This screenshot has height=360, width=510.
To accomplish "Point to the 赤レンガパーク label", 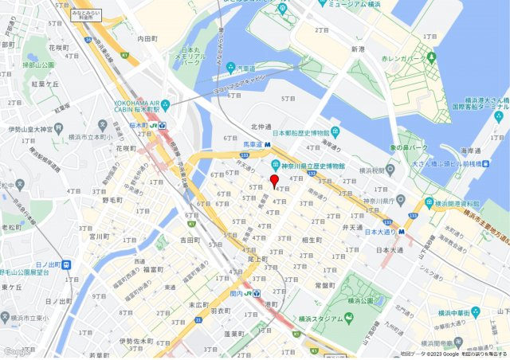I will pos(403,59).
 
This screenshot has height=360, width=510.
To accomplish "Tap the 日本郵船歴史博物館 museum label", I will pos(302,132).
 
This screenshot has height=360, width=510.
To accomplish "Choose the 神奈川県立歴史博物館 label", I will pos(312,166).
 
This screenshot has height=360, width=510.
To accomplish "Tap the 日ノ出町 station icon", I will pos(66,264).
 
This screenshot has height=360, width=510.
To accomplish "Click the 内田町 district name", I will pos(149,37).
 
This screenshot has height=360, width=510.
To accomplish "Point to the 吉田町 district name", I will pos(190,239).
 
